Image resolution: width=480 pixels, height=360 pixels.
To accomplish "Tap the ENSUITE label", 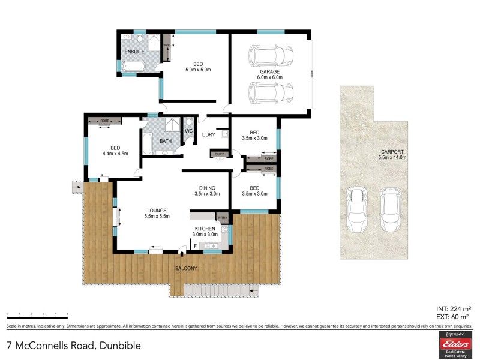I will (134, 52).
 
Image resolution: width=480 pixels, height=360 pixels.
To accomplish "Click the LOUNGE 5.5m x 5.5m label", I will (157, 213).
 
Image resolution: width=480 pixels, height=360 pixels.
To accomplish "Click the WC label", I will (188, 131).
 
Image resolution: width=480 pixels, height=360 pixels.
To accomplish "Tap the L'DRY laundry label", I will (208, 134).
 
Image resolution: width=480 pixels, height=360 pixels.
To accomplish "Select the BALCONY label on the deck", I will (185, 268).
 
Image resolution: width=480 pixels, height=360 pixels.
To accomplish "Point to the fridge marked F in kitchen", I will (195, 245).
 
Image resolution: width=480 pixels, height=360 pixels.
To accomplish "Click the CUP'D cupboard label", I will (220, 155).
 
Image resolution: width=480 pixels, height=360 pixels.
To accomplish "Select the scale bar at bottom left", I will (37, 314).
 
